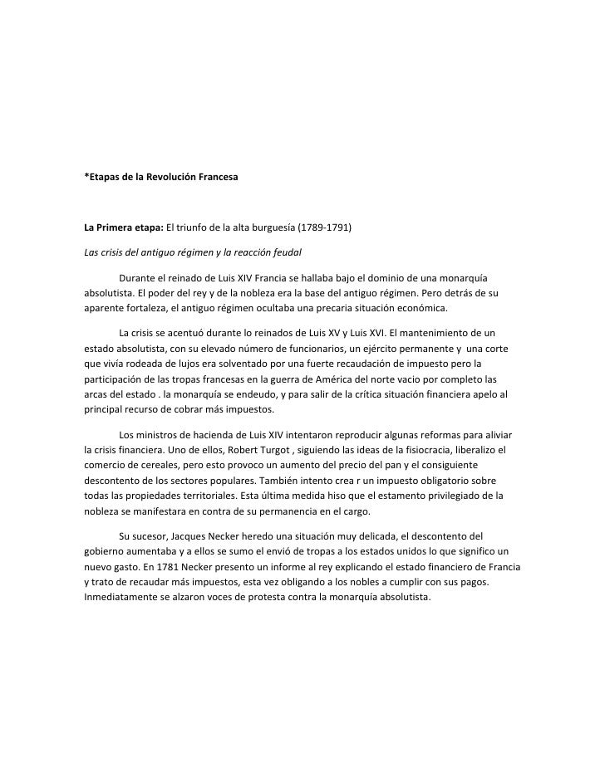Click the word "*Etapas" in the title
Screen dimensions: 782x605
pyautogui.click(x=104, y=178)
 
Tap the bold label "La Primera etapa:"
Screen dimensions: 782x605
pyautogui.click(x=124, y=227)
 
